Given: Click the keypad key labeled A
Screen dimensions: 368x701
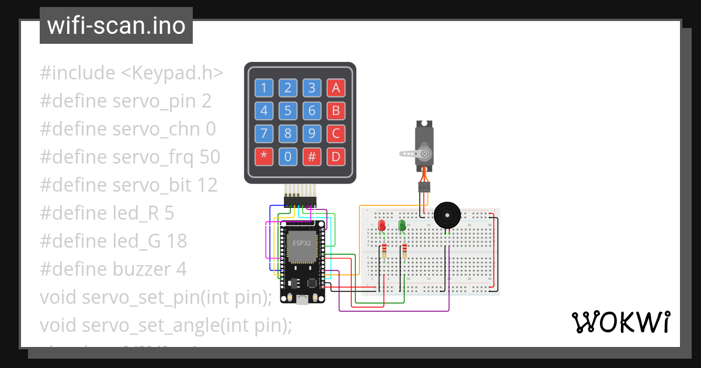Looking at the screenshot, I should click(335, 88).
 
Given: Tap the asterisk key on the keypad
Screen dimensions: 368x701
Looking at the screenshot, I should click(263, 157).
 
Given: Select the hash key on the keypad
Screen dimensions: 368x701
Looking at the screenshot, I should click(312, 157).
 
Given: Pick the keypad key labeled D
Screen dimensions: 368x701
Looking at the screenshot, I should click(335, 157).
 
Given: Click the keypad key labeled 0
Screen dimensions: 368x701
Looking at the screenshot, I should click(287, 157).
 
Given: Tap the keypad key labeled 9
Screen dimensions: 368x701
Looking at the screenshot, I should click(312, 134).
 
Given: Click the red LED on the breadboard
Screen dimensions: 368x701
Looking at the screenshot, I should click(382, 225).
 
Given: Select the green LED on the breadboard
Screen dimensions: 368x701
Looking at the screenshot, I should click(402, 225).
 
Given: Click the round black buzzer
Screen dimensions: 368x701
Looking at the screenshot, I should click(447, 216).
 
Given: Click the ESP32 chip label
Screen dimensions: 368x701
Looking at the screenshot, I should click(301, 243).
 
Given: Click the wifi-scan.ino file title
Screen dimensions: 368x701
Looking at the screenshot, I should click(116, 26).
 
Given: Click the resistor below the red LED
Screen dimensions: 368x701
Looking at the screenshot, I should click(384, 251).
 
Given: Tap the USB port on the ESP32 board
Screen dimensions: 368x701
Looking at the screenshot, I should click(302, 299).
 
